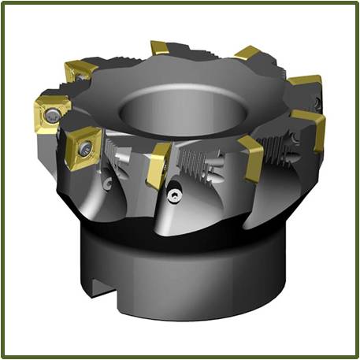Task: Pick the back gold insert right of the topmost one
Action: pos(247,54)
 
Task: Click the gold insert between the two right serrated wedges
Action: pos(251,156)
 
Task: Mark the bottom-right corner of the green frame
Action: pos(356,356)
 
